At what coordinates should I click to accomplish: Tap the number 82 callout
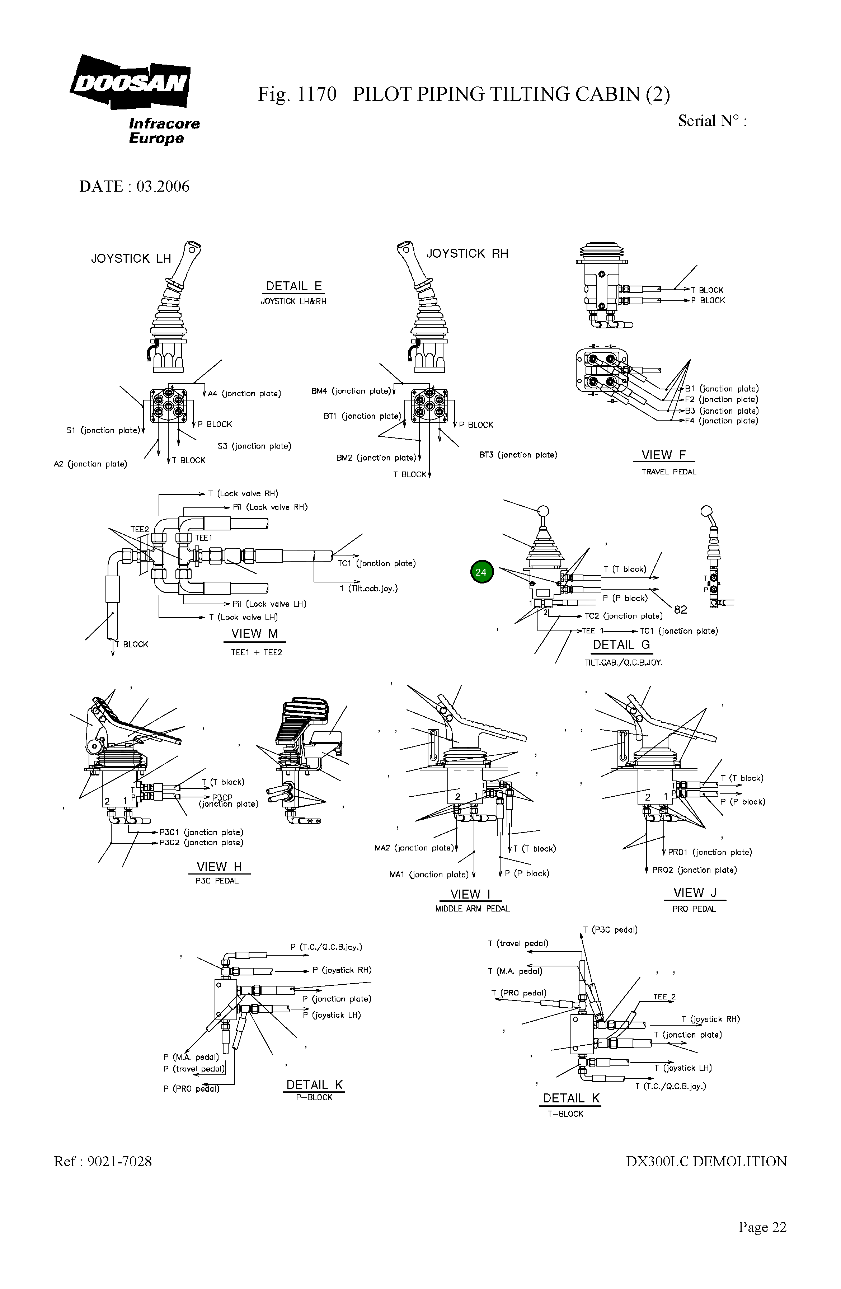coord(680,609)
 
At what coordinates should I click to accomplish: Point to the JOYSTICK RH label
coord(467,253)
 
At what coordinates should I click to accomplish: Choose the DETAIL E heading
coord(293,286)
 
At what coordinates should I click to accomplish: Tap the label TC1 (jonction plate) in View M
coord(376,563)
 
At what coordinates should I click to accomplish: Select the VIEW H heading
coord(219,867)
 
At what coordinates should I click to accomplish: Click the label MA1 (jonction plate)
coord(429,874)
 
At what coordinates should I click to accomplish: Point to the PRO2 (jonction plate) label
coord(694,870)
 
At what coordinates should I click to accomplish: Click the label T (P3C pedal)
coord(610,929)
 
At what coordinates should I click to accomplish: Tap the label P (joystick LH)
coord(332,1015)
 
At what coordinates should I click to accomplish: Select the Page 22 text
coord(762,1227)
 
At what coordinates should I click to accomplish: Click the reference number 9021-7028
coord(119,1161)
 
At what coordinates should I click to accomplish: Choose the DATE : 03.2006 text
coord(134,186)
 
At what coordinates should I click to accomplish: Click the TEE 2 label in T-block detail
coord(664,997)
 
